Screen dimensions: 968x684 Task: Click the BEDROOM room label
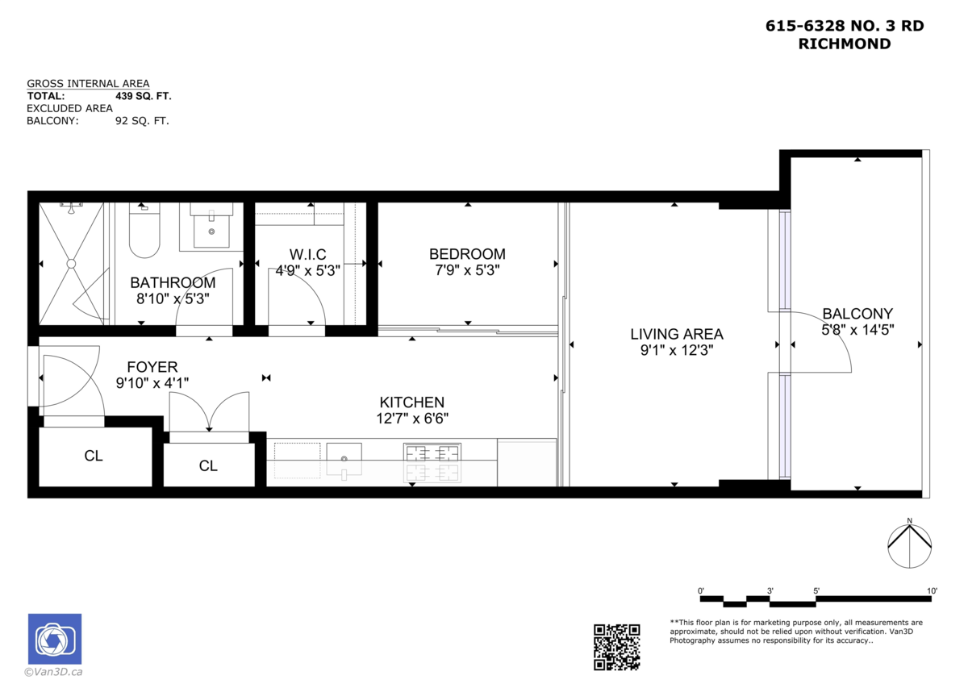click(x=467, y=254)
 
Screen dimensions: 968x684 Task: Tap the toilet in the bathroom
click(x=144, y=231)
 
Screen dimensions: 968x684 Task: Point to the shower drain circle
click(x=71, y=264)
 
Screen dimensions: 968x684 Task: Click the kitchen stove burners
click(x=432, y=463)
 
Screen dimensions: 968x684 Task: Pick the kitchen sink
click(x=344, y=459)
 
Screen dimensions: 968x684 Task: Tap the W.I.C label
click(x=307, y=254)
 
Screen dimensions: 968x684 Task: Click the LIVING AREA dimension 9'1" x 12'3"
click(x=676, y=350)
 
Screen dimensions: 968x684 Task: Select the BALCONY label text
click(x=857, y=314)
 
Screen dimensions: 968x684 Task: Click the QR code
click(x=616, y=647)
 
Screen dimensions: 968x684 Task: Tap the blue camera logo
click(x=55, y=639)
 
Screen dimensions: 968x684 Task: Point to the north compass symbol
click(x=910, y=544)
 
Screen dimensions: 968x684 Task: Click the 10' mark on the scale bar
click(x=932, y=590)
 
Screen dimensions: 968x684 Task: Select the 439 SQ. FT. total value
click(x=144, y=96)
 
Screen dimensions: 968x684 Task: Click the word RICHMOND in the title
click(x=845, y=44)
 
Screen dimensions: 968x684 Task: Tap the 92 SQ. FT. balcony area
click(x=142, y=120)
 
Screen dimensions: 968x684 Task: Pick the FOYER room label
click(x=152, y=367)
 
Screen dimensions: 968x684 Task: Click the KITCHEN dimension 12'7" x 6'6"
click(x=412, y=419)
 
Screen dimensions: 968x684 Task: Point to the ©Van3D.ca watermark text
click(x=53, y=672)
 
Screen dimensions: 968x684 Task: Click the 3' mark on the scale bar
click(x=770, y=590)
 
